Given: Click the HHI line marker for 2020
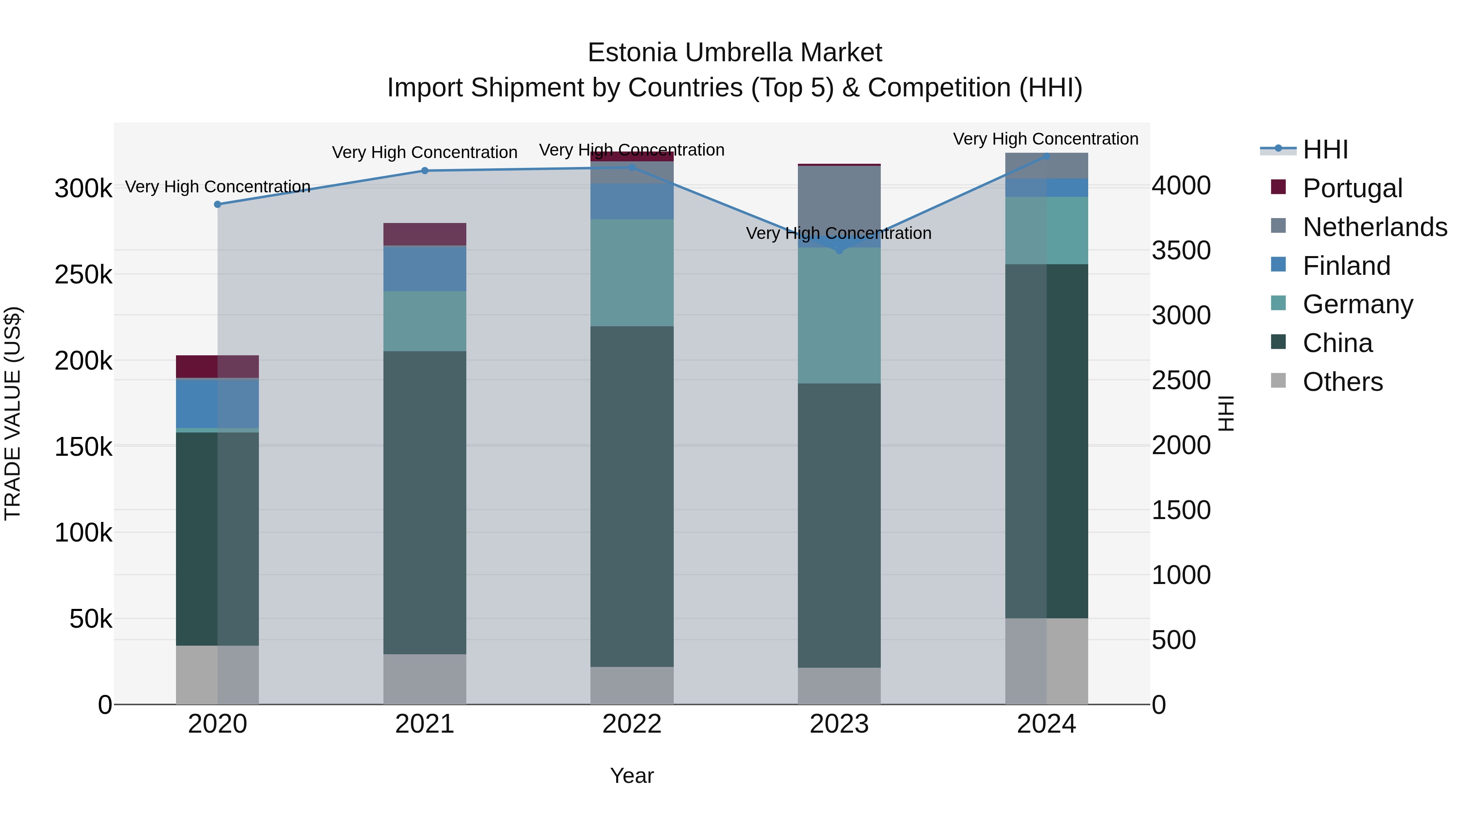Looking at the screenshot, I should click(217, 204).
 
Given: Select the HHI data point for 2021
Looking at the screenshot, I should click(425, 171).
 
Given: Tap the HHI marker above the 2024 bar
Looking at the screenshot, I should click(1047, 156).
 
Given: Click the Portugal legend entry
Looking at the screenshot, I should click(1352, 188).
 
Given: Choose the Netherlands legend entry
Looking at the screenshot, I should click(1374, 227).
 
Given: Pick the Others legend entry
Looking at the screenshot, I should click(1342, 382).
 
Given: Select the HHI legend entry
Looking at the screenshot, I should click(1325, 149).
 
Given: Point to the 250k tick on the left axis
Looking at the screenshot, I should click(83, 275).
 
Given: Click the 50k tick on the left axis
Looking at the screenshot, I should click(91, 619).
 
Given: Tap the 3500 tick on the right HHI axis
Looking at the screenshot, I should click(1180, 251).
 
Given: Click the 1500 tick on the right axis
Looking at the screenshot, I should click(1180, 510).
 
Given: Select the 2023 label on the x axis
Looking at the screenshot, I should click(839, 724).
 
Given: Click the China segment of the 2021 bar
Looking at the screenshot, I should click(425, 502).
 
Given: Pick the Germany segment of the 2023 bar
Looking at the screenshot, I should click(839, 315).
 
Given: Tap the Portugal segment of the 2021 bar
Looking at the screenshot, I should click(425, 234).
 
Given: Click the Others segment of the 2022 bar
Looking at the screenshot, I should click(632, 685).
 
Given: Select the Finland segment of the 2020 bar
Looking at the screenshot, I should click(217, 403).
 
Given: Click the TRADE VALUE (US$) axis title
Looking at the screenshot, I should click(13, 413).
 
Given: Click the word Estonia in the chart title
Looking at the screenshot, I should click(633, 53).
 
